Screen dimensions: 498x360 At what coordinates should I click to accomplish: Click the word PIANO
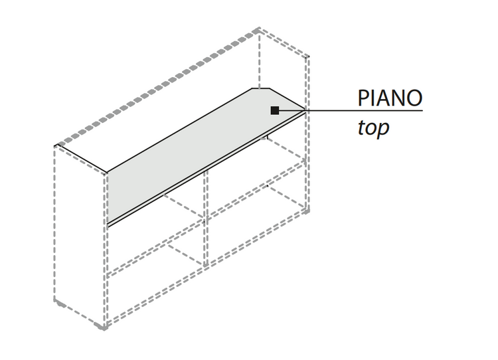coord(390,98)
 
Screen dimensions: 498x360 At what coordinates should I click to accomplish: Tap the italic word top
coord(373,128)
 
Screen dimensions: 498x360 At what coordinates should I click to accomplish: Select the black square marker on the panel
coord(275,110)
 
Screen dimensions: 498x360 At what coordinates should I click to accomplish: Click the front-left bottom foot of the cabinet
coord(104,327)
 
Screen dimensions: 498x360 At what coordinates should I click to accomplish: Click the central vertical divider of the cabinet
coord(206,219)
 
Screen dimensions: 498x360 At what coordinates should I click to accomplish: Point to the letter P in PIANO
coord(363,98)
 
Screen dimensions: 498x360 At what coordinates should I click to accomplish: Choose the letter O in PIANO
coord(414,98)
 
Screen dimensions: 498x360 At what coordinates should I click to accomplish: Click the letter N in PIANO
coord(396,98)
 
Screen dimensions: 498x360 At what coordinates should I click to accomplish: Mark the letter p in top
coord(382,130)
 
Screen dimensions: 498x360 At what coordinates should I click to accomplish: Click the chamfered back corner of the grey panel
coord(260,88)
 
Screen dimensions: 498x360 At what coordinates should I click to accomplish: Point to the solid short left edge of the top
coord(81,159)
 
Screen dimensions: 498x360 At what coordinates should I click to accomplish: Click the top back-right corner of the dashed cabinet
coord(307,56)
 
